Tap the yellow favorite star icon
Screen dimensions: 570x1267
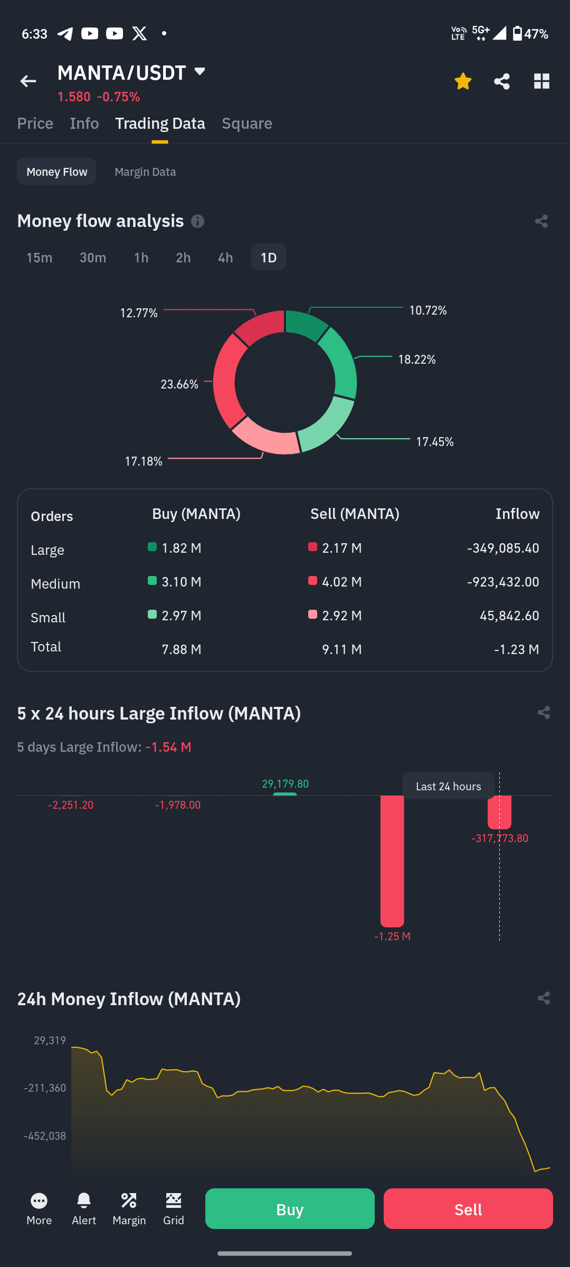pyautogui.click(x=463, y=81)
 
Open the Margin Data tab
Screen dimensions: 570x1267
pyautogui.click(x=145, y=172)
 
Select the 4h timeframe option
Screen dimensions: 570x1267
pyautogui.click(x=225, y=258)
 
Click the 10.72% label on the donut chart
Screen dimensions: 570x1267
pyautogui.click(x=428, y=310)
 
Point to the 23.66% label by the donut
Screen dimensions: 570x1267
pyautogui.click(x=179, y=384)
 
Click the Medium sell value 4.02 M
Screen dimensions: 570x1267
pyautogui.click(x=341, y=582)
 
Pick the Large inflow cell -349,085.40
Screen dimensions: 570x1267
pyautogui.click(x=503, y=548)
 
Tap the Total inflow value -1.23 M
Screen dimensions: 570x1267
pyautogui.click(x=516, y=649)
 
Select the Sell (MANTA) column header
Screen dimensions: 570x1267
pyautogui.click(x=355, y=514)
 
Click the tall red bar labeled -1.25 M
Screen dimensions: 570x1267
pyautogui.click(x=392, y=861)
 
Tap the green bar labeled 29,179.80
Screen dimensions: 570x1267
pyautogui.click(x=285, y=793)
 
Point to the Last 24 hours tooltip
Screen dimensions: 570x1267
pyautogui.click(x=448, y=786)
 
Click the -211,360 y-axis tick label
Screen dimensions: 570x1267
pyautogui.click(x=45, y=1088)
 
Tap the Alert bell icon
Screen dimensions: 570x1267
pyautogui.click(x=84, y=1201)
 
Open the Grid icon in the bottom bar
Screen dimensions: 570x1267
pyautogui.click(x=174, y=1201)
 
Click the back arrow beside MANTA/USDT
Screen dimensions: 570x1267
pyautogui.click(x=28, y=81)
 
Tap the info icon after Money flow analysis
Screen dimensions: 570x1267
pyautogui.click(x=197, y=221)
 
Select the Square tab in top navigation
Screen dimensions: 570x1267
pyautogui.click(x=247, y=123)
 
